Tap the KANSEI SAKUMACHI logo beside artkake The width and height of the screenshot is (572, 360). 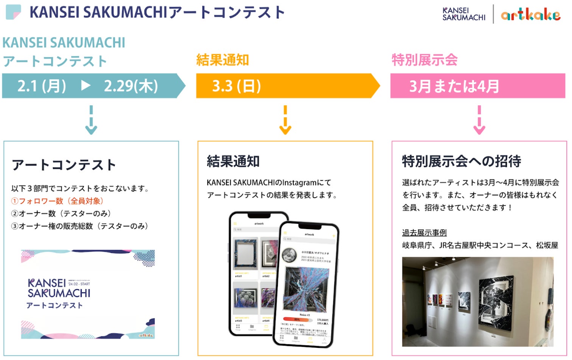click(x=464, y=14)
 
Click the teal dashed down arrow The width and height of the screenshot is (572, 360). click(x=91, y=120)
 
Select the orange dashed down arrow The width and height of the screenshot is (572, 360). click(x=285, y=120)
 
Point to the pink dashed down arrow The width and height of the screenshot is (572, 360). click(x=479, y=120)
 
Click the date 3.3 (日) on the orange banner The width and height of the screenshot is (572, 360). click(x=236, y=86)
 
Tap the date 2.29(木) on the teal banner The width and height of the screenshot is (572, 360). click(x=131, y=86)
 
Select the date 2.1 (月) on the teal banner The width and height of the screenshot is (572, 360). click(x=42, y=86)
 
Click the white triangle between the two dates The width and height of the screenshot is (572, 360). click(x=86, y=86)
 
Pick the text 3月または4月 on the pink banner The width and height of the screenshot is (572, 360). click(x=454, y=86)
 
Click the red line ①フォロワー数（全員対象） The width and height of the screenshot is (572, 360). click(x=57, y=201)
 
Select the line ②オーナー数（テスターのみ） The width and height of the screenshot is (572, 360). click(x=61, y=214)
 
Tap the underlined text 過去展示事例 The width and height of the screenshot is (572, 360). click(x=424, y=232)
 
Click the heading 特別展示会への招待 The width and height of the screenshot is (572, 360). click(x=461, y=161)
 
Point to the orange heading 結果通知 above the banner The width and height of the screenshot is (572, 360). click(x=222, y=60)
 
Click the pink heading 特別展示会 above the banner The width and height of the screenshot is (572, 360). click(x=424, y=60)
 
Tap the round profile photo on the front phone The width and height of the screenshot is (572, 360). click(x=289, y=255)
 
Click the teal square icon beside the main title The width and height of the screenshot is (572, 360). click(x=14, y=12)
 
